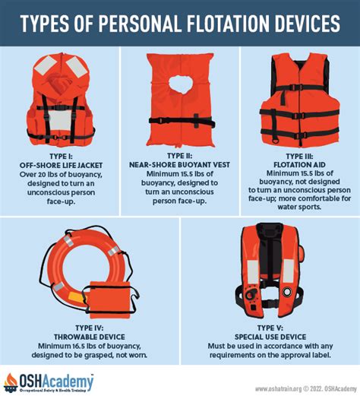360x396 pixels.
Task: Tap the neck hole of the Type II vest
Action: [x=181, y=84]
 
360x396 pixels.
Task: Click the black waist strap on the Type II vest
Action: [x=182, y=122]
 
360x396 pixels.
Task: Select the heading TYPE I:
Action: [x=61, y=157]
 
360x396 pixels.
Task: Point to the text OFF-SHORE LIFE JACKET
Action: [x=61, y=166]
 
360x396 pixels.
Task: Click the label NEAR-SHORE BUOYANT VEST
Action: [x=179, y=165]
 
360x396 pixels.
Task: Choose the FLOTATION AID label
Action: [x=299, y=165]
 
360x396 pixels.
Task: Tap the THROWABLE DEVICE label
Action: [x=90, y=337]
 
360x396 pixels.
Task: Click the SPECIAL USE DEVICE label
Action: [x=270, y=337]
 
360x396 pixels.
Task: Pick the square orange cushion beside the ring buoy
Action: [x=110, y=299]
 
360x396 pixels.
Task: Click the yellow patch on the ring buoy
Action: [x=76, y=296]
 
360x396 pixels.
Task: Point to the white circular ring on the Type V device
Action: [x=287, y=292]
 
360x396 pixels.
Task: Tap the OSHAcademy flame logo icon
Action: [x=11, y=382]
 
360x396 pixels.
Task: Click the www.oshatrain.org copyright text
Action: [x=306, y=388]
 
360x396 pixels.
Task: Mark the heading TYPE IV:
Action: [x=90, y=328]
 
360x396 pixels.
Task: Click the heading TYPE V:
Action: [x=270, y=328]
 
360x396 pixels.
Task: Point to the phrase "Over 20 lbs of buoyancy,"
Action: [x=61, y=175]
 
